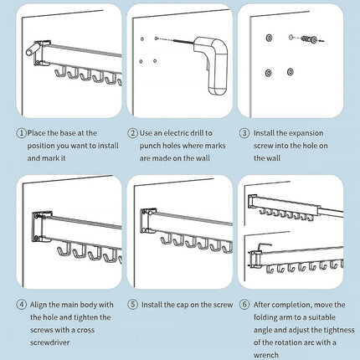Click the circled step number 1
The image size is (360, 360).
point(21,133)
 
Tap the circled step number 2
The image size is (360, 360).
point(132,133)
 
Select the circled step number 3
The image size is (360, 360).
point(244,133)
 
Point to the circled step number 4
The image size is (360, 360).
point(21,305)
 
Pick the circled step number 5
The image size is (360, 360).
point(133,305)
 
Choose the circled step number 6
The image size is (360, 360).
point(244,305)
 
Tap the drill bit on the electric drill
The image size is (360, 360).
point(183,42)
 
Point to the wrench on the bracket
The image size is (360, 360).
point(264,246)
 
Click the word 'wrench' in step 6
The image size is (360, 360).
point(266,355)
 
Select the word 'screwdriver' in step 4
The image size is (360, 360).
point(50,342)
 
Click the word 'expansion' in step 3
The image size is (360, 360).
point(306,134)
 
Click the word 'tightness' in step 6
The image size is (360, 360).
point(339,330)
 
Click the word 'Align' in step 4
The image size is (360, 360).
point(38,305)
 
